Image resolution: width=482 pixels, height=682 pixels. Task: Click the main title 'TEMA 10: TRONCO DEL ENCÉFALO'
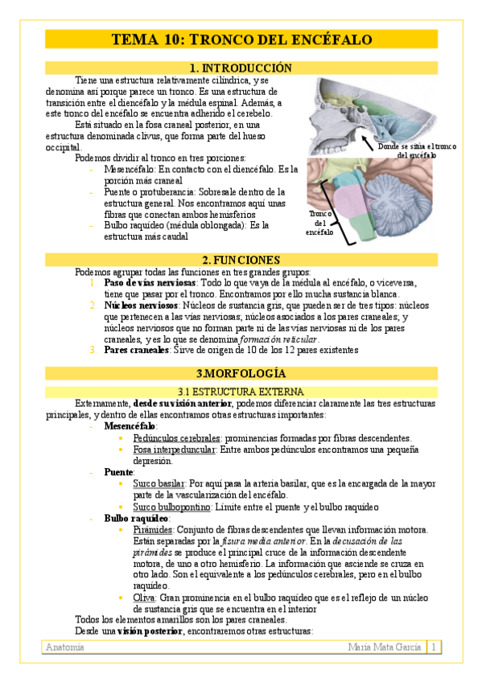pyautogui.click(x=241, y=39)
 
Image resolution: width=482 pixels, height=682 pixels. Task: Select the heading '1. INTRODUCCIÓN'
pyautogui.click(x=241, y=68)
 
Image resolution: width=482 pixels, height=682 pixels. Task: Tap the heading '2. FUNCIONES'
pyautogui.click(x=241, y=260)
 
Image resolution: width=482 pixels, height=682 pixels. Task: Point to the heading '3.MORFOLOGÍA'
pyautogui.click(x=241, y=374)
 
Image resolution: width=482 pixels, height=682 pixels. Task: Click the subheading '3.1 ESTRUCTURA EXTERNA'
pyautogui.click(x=241, y=391)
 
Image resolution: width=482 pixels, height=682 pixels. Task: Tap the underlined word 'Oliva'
pyautogui.click(x=145, y=598)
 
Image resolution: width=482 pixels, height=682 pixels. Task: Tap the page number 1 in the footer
pyautogui.click(x=433, y=647)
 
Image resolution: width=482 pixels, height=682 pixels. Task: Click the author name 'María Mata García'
pyautogui.click(x=385, y=647)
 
